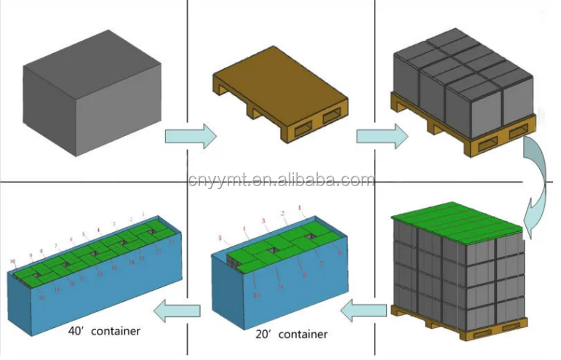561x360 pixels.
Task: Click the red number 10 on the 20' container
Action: tap(257, 295)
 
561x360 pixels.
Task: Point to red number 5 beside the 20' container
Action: tap(219, 237)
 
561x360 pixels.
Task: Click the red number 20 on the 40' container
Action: tap(43, 297)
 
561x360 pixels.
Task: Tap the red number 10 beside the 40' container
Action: tap(12, 260)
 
